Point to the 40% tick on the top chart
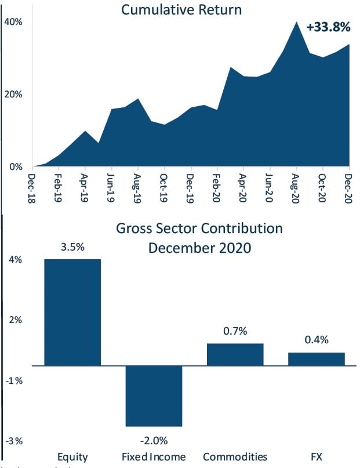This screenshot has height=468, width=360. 13,22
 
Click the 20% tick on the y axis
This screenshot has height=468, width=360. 13,95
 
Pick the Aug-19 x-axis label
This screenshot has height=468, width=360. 138,186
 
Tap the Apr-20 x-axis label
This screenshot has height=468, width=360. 243,186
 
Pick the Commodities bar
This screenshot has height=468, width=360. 235,354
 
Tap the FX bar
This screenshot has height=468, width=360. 317,359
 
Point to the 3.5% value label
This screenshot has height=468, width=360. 72,246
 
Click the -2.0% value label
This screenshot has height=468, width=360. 154,439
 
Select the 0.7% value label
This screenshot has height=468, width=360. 235,331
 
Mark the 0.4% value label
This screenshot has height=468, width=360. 317,340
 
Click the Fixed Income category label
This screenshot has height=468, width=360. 154,456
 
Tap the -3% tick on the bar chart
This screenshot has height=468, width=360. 14,441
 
